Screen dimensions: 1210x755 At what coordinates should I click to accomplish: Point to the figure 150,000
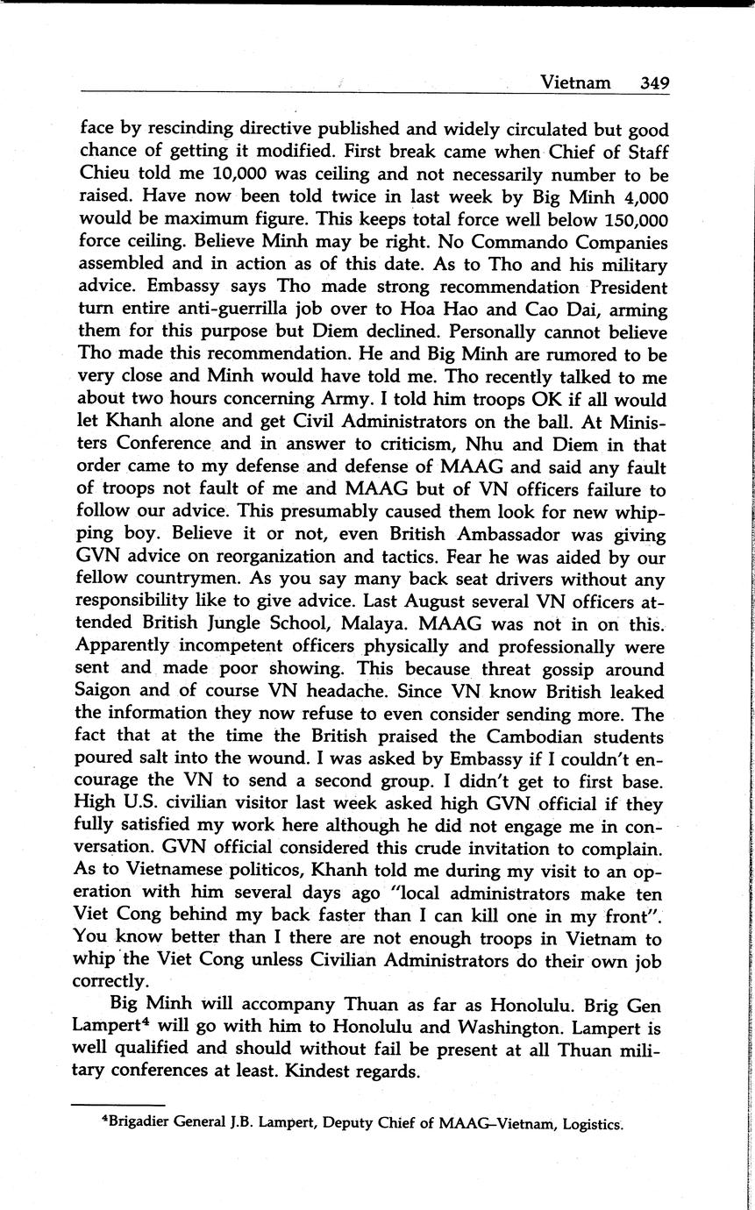pos(629,219)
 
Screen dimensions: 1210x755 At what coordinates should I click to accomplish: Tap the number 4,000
pos(638,196)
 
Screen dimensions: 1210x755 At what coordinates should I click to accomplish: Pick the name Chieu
pos(106,174)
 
